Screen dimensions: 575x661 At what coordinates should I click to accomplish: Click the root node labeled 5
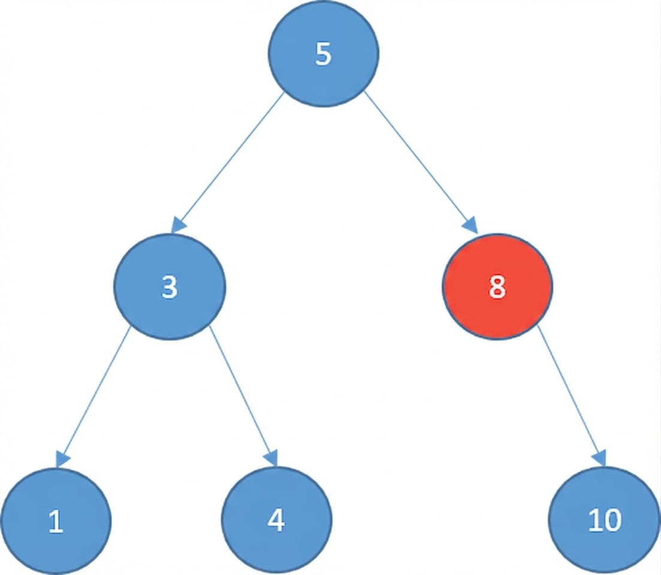point(323,55)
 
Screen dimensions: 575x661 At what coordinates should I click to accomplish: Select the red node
point(497,287)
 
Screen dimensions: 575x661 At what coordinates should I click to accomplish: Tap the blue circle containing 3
point(170,287)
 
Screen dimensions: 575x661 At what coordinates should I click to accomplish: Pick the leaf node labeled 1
point(56,522)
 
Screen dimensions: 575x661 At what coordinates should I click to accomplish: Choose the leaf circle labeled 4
point(276,520)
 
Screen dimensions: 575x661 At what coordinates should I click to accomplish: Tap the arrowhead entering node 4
point(271,459)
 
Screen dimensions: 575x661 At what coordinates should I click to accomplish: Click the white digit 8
point(497,287)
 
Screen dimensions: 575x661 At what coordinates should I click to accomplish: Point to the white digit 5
point(323,55)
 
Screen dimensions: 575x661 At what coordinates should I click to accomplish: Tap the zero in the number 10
point(612,521)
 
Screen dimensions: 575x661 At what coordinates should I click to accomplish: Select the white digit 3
point(170,287)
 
